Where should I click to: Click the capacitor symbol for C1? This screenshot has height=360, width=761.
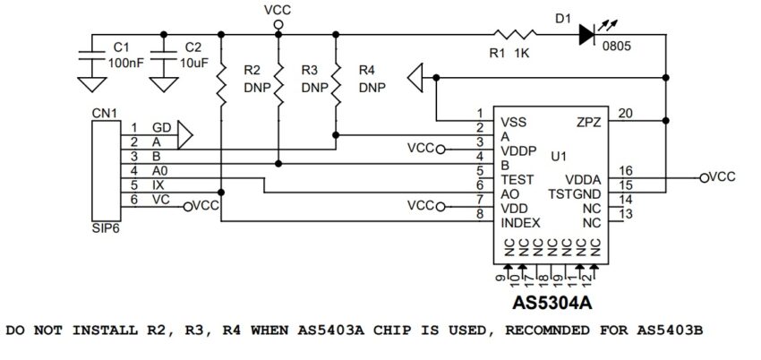[90, 54]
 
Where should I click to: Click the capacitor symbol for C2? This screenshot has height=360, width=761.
[162, 54]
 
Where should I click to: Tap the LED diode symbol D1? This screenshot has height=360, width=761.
[587, 35]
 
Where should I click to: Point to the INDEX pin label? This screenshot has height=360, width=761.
[521, 221]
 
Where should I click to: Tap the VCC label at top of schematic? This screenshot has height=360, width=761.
[278, 10]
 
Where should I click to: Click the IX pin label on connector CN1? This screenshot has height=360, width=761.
[158, 184]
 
